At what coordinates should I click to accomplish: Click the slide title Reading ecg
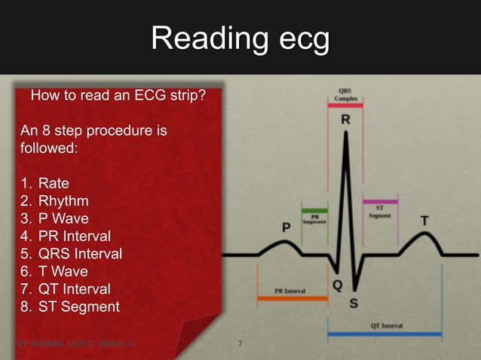coord(240,38)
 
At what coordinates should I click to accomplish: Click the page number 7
coord(240,345)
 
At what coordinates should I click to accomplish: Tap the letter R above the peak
coord(345,120)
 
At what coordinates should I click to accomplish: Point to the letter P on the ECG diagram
coord(286,227)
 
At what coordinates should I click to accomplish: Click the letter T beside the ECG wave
coord(425,221)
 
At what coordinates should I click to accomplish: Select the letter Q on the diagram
coord(338,285)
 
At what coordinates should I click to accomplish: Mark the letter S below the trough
coord(354,305)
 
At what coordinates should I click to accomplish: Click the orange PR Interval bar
coord(292,298)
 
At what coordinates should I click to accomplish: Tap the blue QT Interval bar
coord(384,334)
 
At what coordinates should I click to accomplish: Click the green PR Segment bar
coord(314,210)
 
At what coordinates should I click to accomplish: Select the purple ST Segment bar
coord(380,202)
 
